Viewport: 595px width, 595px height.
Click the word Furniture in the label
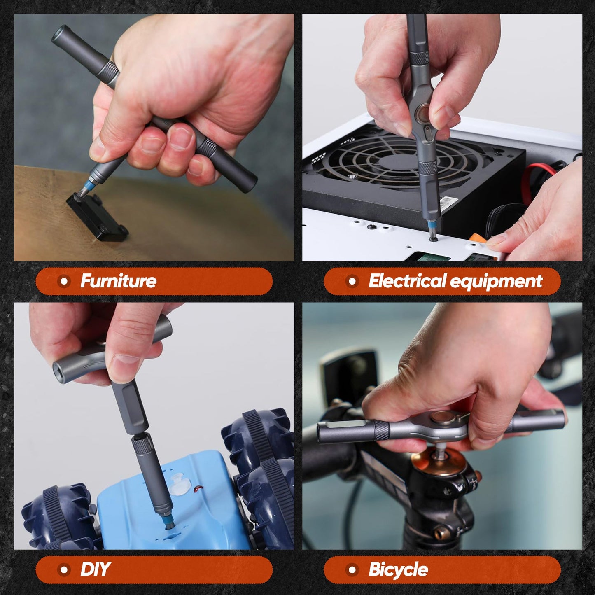pos(118,281)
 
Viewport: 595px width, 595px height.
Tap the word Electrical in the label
pos(407,281)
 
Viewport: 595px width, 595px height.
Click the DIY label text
pos(95,570)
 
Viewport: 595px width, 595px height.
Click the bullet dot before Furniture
pos(63,281)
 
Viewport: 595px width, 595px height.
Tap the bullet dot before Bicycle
pos(352,570)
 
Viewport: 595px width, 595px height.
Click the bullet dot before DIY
pos(63,570)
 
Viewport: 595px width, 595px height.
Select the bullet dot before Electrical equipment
pos(352,281)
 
